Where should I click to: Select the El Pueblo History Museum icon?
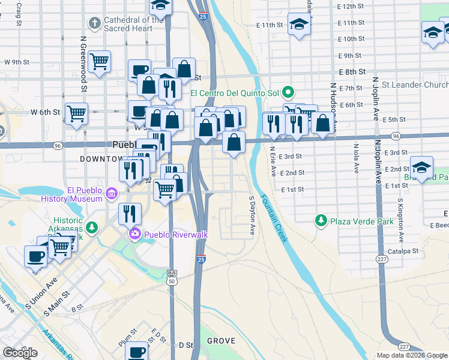(x=110, y=193)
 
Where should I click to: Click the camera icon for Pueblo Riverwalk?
(x=136, y=234)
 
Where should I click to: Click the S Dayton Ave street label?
(x=252, y=215)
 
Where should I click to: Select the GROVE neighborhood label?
(x=221, y=341)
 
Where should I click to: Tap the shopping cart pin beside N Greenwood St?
(x=99, y=61)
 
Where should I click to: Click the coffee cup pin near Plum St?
(x=138, y=352)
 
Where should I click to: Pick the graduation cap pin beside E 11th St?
(x=298, y=25)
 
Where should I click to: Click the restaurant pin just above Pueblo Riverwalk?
(x=129, y=212)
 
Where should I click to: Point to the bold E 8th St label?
(x=352, y=72)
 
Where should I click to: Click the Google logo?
(x=20, y=353)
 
